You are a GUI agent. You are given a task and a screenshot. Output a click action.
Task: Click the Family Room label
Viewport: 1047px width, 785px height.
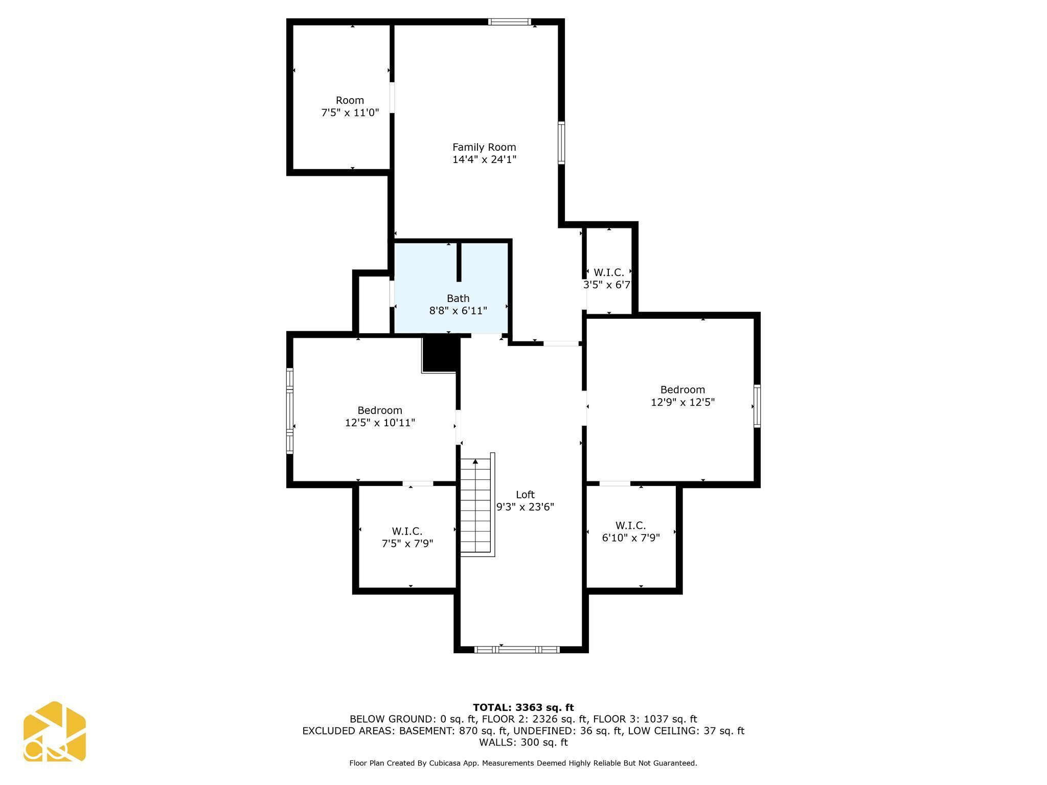[x=484, y=147]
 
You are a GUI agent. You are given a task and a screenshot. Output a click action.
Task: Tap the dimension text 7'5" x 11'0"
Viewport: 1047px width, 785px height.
[x=350, y=112]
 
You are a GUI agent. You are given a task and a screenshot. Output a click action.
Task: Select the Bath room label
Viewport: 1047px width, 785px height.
[x=458, y=298]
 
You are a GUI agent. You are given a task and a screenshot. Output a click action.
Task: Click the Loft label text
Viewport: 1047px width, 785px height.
[x=525, y=494]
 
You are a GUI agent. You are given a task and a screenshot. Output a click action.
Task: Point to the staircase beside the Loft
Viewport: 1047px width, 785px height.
[x=476, y=506]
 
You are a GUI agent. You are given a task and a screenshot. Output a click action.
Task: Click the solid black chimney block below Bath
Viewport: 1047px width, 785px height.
[x=440, y=354]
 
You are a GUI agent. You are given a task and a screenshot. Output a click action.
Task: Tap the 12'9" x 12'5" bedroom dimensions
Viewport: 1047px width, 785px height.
[x=682, y=402]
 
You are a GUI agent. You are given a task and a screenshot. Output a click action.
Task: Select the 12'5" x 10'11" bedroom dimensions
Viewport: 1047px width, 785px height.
[x=379, y=423]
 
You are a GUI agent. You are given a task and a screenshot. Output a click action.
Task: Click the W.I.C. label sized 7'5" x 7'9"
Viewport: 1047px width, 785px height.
[x=407, y=531]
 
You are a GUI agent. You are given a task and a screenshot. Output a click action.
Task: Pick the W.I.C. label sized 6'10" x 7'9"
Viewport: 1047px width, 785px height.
[x=630, y=525]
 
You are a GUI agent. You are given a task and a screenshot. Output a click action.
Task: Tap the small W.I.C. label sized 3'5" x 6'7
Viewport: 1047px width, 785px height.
[x=608, y=272]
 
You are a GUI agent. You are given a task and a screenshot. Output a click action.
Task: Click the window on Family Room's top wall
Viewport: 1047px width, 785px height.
[x=509, y=21]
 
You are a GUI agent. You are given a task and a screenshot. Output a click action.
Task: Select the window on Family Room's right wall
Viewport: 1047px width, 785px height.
[x=561, y=143]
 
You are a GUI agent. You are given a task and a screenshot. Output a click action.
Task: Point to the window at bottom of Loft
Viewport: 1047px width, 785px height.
[x=517, y=650]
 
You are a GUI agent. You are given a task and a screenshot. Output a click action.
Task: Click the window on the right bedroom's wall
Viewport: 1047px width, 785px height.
[x=757, y=406]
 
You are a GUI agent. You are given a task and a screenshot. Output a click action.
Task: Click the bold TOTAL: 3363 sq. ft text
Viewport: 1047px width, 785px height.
[x=523, y=707]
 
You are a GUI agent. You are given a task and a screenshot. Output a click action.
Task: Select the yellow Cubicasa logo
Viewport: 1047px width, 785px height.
[x=55, y=731]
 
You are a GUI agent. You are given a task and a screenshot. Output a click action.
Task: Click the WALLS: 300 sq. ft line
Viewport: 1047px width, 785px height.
[x=523, y=742]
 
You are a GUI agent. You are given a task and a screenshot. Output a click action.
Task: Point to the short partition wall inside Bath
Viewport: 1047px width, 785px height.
[x=459, y=262]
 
